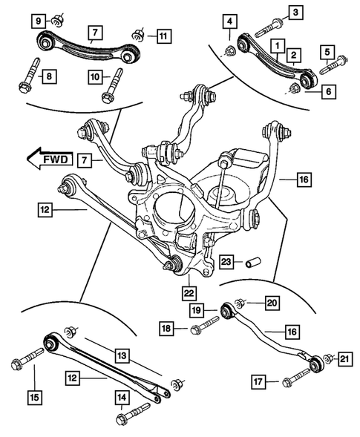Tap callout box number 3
[296, 12]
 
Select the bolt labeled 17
[297, 378]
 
